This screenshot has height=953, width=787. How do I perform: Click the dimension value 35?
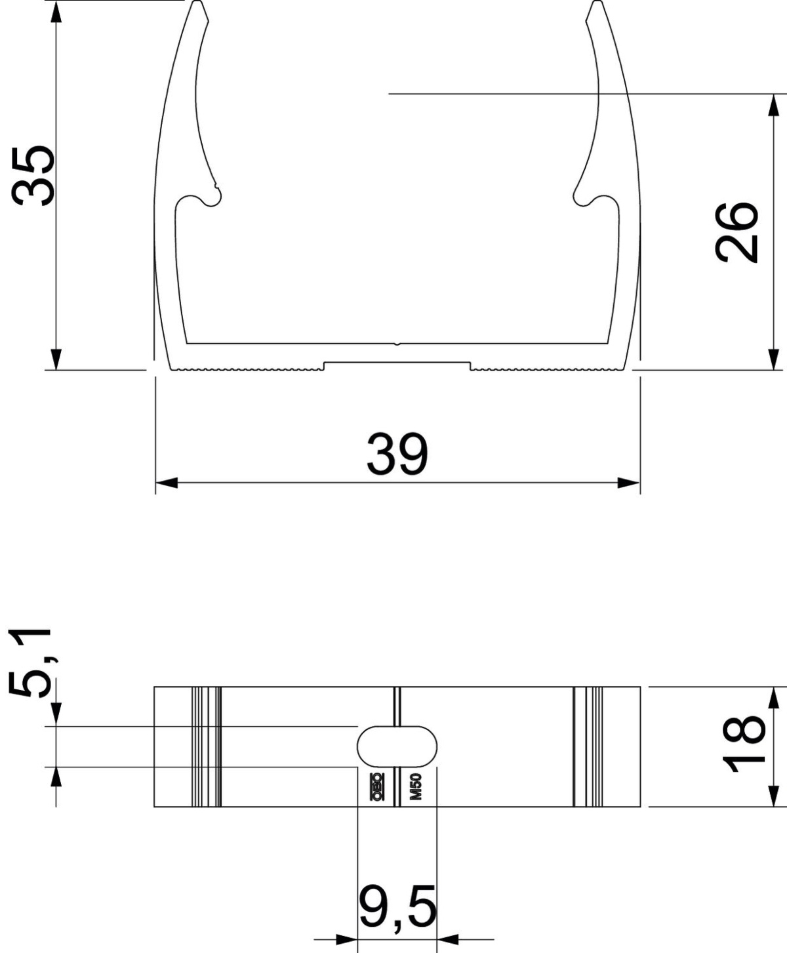coord(33,176)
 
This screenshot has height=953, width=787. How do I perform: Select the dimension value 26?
coord(737,233)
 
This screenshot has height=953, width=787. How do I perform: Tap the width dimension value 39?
coord(397,454)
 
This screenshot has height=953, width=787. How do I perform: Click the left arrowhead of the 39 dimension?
coord(166,483)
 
